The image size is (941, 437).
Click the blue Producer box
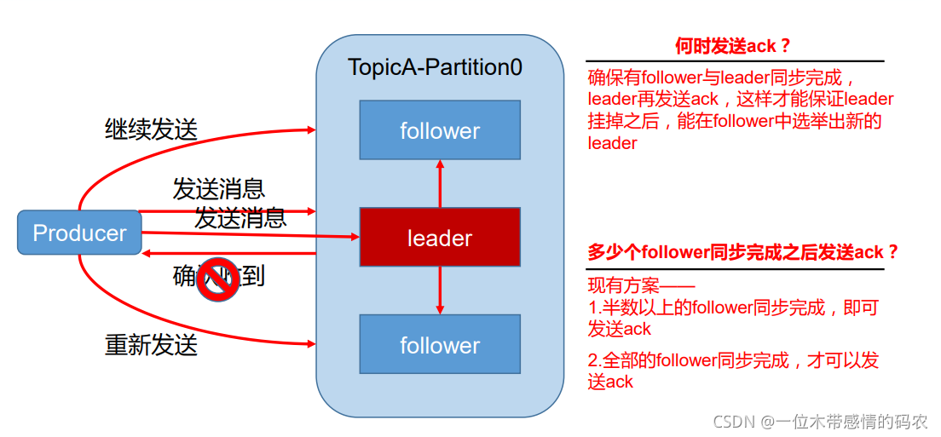click(79, 233)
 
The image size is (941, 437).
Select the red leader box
click(440, 238)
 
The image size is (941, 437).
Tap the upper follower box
click(440, 130)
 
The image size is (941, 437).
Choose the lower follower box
click(440, 345)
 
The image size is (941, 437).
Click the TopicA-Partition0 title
click(435, 67)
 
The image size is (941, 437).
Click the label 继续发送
click(151, 129)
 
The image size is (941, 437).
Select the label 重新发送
click(151, 345)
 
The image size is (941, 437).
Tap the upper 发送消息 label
click(218, 188)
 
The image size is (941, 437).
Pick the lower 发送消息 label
click(240, 217)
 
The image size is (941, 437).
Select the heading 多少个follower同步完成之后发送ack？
click(743, 252)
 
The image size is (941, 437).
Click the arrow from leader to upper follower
click(440, 183)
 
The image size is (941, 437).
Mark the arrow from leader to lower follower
click(440, 290)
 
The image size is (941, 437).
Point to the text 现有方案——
click(641, 285)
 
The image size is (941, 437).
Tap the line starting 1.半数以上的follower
click(732, 308)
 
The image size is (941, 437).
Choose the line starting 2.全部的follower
click(733, 360)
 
